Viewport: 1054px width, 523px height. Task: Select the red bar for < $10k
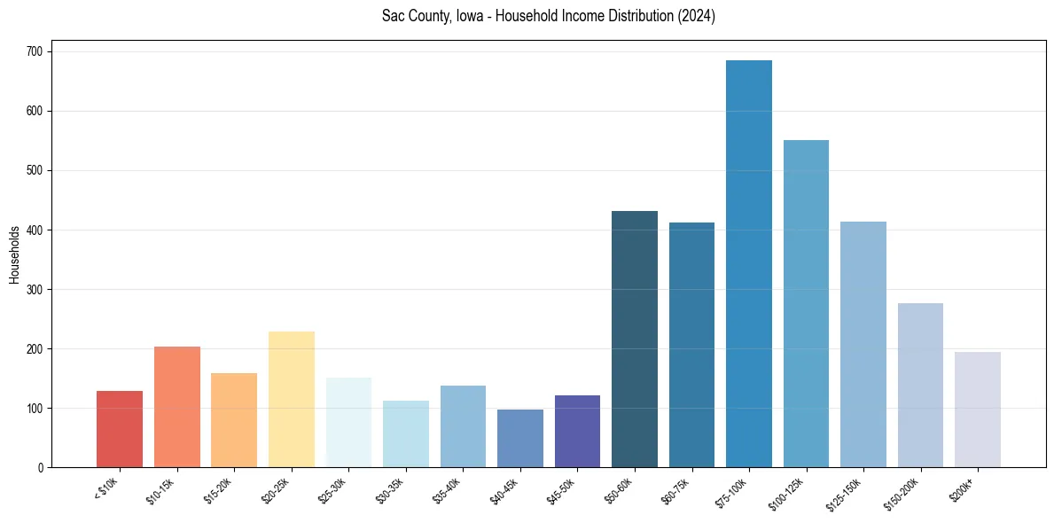pos(120,429)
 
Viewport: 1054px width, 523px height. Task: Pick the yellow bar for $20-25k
pos(292,400)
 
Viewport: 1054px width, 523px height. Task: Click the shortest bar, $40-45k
pos(520,439)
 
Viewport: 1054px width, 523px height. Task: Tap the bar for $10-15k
pos(177,407)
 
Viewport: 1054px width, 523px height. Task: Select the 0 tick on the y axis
pos(42,468)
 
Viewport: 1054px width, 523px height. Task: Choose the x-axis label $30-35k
pos(389,488)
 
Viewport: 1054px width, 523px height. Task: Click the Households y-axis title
pos(15,254)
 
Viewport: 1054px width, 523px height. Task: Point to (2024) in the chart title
pos(696,16)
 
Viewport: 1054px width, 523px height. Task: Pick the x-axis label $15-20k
pos(217,488)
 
